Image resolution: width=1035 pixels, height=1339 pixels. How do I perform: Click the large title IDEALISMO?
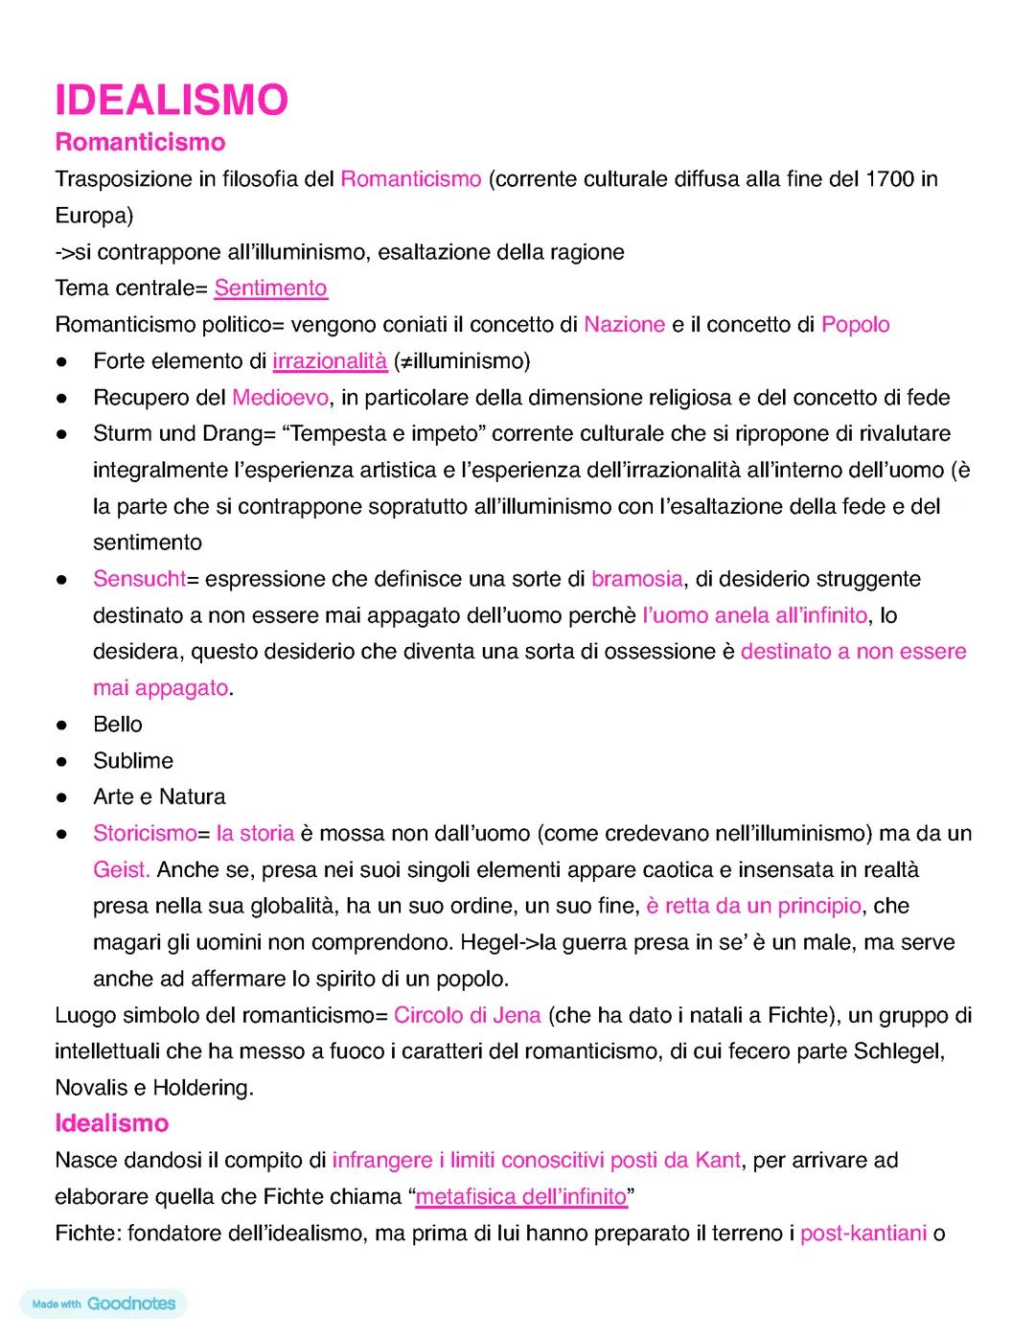pyautogui.click(x=172, y=101)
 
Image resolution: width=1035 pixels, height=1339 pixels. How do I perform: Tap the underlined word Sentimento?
pyautogui.click(x=270, y=288)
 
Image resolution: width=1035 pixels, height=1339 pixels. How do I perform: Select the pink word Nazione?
pyautogui.click(x=624, y=324)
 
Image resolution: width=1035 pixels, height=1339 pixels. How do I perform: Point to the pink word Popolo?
pyautogui.click(x=855, y=324)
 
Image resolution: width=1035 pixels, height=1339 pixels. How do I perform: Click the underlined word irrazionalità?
pyautogui.click(x=330, y=360)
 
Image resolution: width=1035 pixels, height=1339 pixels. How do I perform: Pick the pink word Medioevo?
pyautogui.click(x=280, y=397)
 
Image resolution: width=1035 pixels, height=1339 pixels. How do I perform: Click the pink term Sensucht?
pyautogui.click(x=139, y=579)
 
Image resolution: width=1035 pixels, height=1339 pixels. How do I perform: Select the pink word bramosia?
pyautogui.click(x=636, y=579)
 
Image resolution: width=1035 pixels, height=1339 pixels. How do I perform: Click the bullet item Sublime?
pyautogui.click(x=133, y=760)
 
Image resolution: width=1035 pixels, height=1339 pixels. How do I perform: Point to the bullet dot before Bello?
pyautogui.click(x=60, y=725)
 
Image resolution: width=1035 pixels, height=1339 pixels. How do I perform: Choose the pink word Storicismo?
pyautogui.click(x=145, y=833)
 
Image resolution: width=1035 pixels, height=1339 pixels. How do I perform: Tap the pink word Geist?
pyautogui.click(x=121, y=869)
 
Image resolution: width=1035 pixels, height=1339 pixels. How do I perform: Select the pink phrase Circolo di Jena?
pyautogui.click(x=467, y=1015)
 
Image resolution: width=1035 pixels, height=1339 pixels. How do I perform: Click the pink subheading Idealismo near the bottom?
pyautogui.click(x=111, y=1123)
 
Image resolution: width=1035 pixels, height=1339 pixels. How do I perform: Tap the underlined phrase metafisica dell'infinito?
pyautogui.click(x=520, y=1196)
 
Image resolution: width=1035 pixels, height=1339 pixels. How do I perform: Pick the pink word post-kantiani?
pyautogui.click(x=862, y=1233)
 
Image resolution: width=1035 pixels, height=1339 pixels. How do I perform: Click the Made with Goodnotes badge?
pyautogui.click(x=103, y=1304)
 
